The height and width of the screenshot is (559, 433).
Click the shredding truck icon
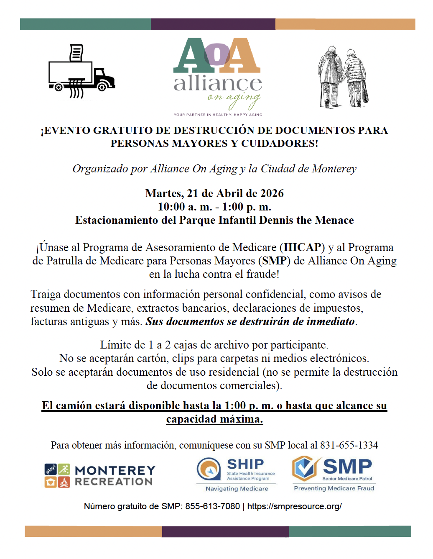82,72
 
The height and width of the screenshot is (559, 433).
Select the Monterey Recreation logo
100,476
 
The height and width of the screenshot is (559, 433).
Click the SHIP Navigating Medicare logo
236,474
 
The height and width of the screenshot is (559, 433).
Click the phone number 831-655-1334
349,445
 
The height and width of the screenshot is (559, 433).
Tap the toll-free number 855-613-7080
212,506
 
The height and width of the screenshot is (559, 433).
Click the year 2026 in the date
272,193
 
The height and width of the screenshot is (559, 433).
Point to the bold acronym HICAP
302,247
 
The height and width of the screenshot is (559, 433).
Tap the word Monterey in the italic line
334,169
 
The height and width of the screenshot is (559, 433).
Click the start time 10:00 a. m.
177,207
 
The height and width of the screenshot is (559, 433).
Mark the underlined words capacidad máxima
214,419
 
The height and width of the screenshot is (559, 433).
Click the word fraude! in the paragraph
263,274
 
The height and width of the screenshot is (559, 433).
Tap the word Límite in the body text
116,345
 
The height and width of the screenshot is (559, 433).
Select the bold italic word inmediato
330,321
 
